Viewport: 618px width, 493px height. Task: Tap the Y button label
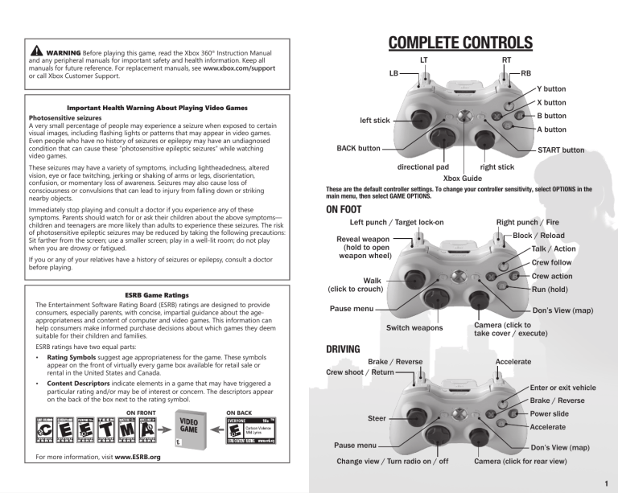pyautogui.click(x=551, y=88)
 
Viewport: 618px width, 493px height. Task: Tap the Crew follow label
pyautogui.click(x=552, y=263)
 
